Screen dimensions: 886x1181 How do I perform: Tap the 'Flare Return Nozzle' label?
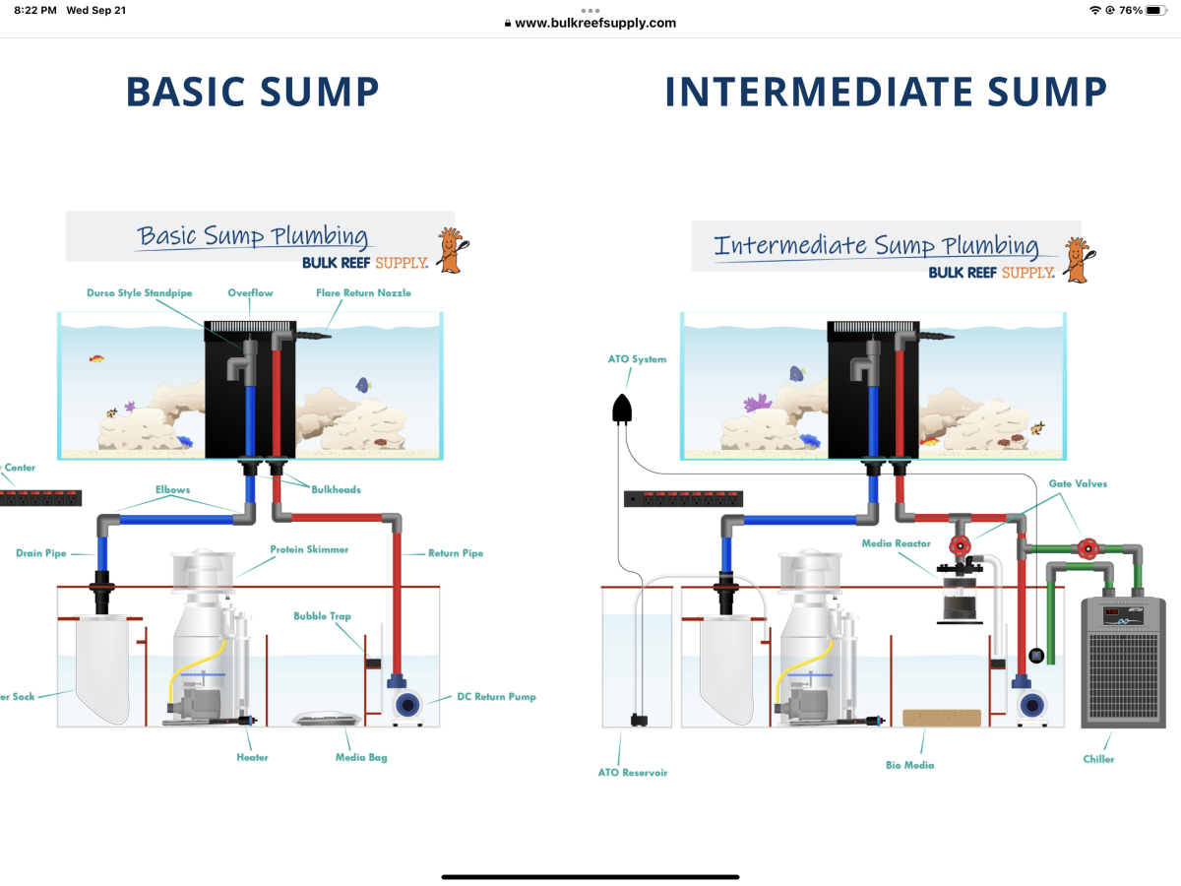363,293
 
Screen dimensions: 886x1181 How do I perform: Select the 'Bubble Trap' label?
322,617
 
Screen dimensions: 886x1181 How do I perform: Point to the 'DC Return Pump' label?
496,697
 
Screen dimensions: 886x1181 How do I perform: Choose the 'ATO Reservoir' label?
632,773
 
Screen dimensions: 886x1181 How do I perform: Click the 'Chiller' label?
1098,759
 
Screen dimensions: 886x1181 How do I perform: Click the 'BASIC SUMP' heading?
252,92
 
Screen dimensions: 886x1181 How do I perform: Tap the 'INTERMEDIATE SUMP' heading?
886,92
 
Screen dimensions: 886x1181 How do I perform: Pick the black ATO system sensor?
622,408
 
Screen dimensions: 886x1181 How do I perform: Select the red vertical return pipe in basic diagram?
398,601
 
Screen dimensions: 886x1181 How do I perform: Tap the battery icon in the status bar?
1154,10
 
